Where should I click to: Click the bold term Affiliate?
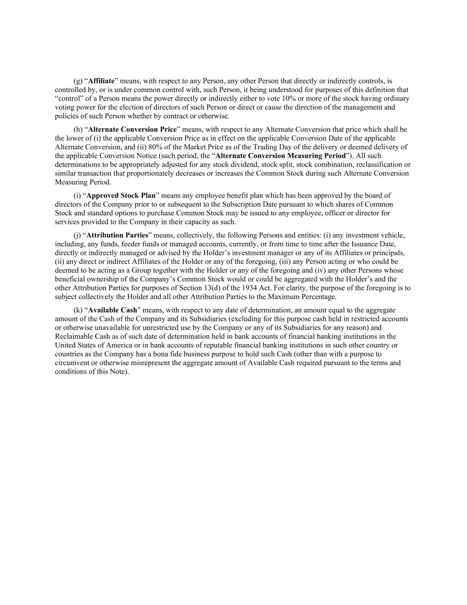101,81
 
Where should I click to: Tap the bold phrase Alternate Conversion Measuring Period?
280,156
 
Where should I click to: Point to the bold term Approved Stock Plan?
121,195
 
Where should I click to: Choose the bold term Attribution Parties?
117,235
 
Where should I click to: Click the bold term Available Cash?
112,310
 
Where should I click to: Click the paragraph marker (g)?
77,81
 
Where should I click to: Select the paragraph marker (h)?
77,129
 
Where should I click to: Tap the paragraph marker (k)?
77,310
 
